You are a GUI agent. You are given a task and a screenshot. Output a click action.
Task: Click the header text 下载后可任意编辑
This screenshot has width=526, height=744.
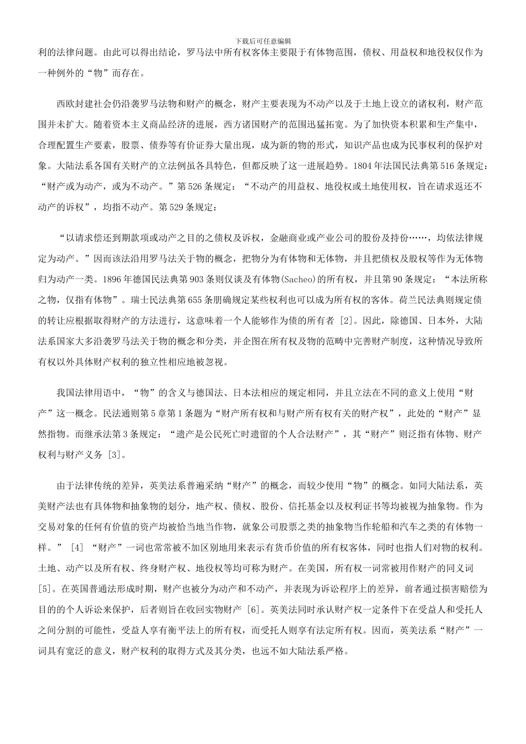pos(263,41)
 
